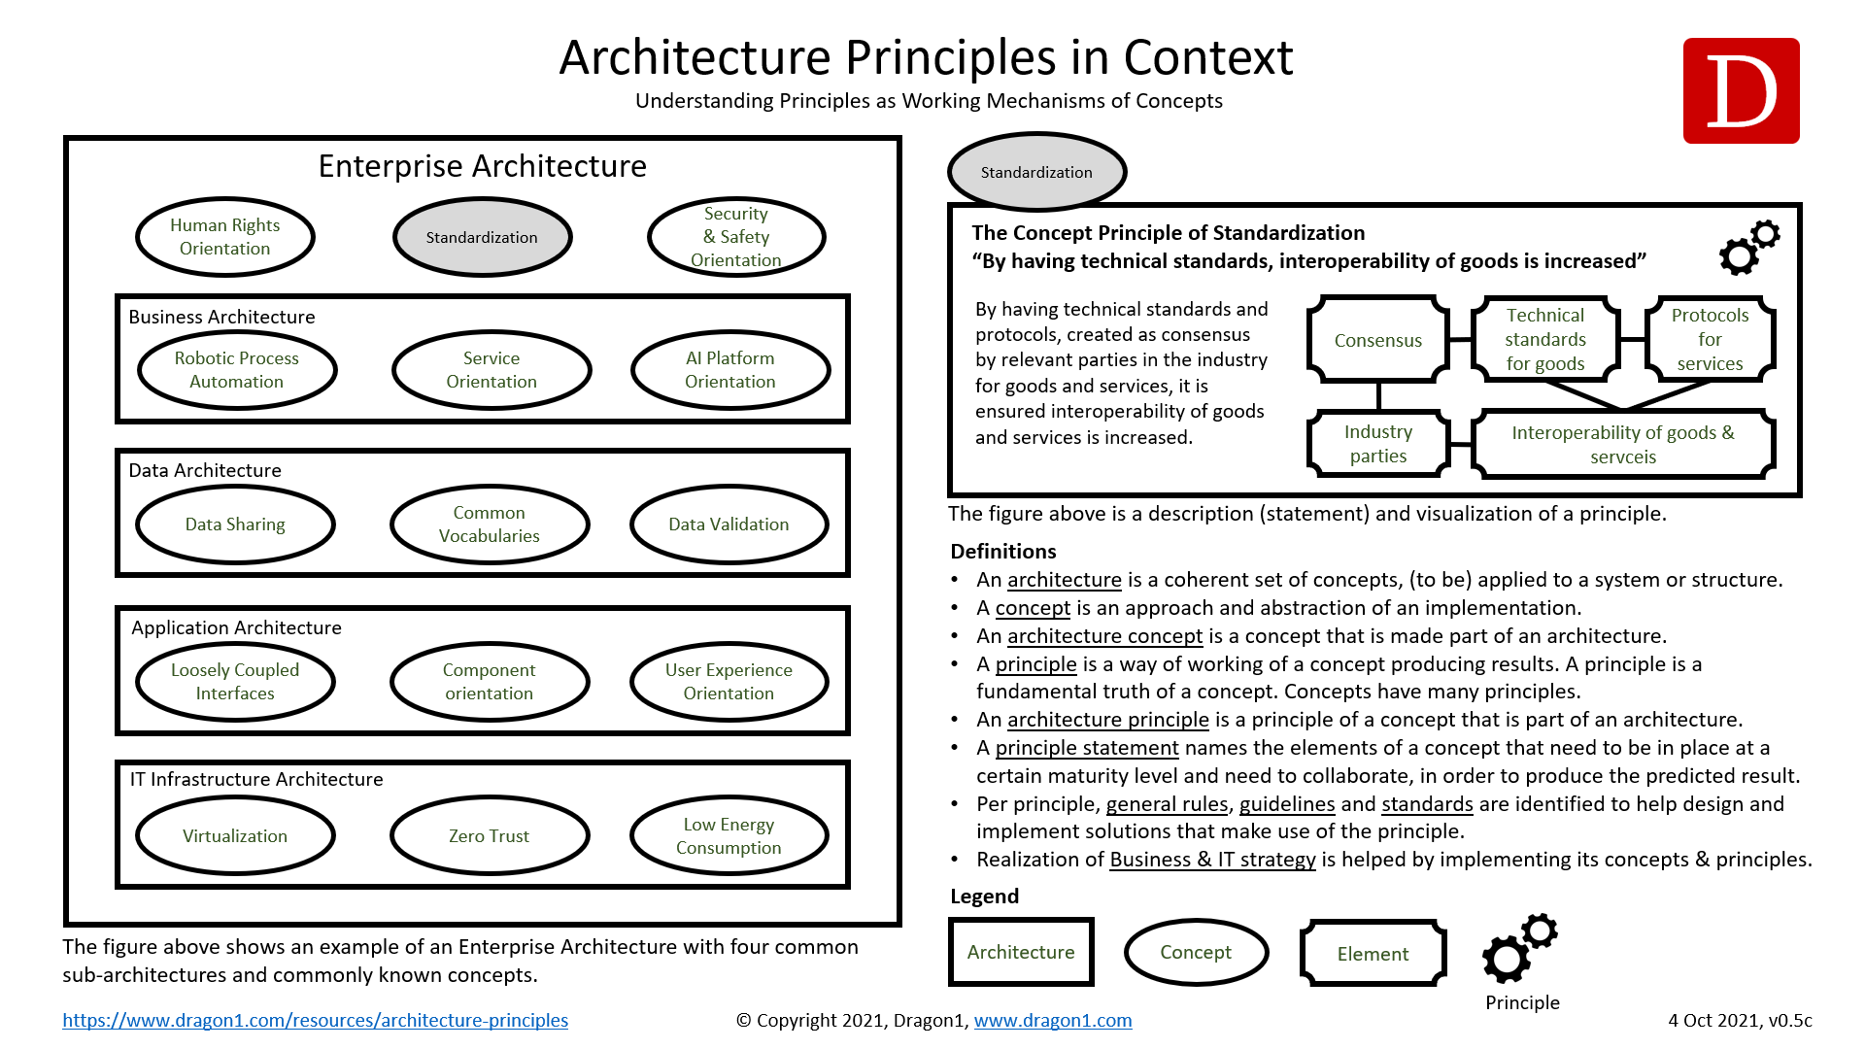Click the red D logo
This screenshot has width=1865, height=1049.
tap(1741, 90)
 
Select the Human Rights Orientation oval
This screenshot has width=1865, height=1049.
tap(225, 237)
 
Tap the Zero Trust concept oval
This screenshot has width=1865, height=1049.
tap(490, 835)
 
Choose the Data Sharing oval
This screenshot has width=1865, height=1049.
tap(235, 524)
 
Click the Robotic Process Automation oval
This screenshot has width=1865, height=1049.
tap(237, 370)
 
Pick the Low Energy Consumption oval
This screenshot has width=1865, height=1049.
tap(729, 835)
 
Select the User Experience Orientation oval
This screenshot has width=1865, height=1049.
tap(729, 681)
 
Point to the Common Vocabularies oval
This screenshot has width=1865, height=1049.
tap(490, 524)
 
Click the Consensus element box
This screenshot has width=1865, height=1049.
tap(1377, 340)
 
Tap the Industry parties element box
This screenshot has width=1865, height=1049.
tap(1377, 444)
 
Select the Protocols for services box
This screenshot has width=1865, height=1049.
tap(1710, 340)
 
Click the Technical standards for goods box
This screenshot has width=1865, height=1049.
tap(1544, 340)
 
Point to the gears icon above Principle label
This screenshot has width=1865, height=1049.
tap(1519, 947)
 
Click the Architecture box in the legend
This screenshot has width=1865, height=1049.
tap(1021, 952)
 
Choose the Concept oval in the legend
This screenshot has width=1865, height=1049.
tap(1196, 952)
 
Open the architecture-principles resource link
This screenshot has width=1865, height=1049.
tap(316, 1020)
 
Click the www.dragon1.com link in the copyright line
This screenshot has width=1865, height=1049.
tap(1053, 1020)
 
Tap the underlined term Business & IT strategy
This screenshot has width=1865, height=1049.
tap(1212, 860)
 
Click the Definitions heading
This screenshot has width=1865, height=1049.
tap(1003, 552)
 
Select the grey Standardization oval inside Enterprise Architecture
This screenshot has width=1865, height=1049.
tap(482, 237)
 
